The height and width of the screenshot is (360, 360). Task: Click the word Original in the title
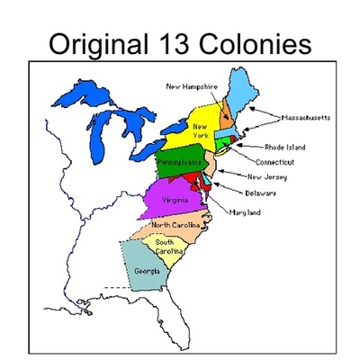coord(94,43)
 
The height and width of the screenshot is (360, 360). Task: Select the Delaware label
coord(260,193)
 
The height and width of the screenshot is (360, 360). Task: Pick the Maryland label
coord(245,212)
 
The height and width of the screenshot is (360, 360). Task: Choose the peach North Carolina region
coord(180,224)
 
